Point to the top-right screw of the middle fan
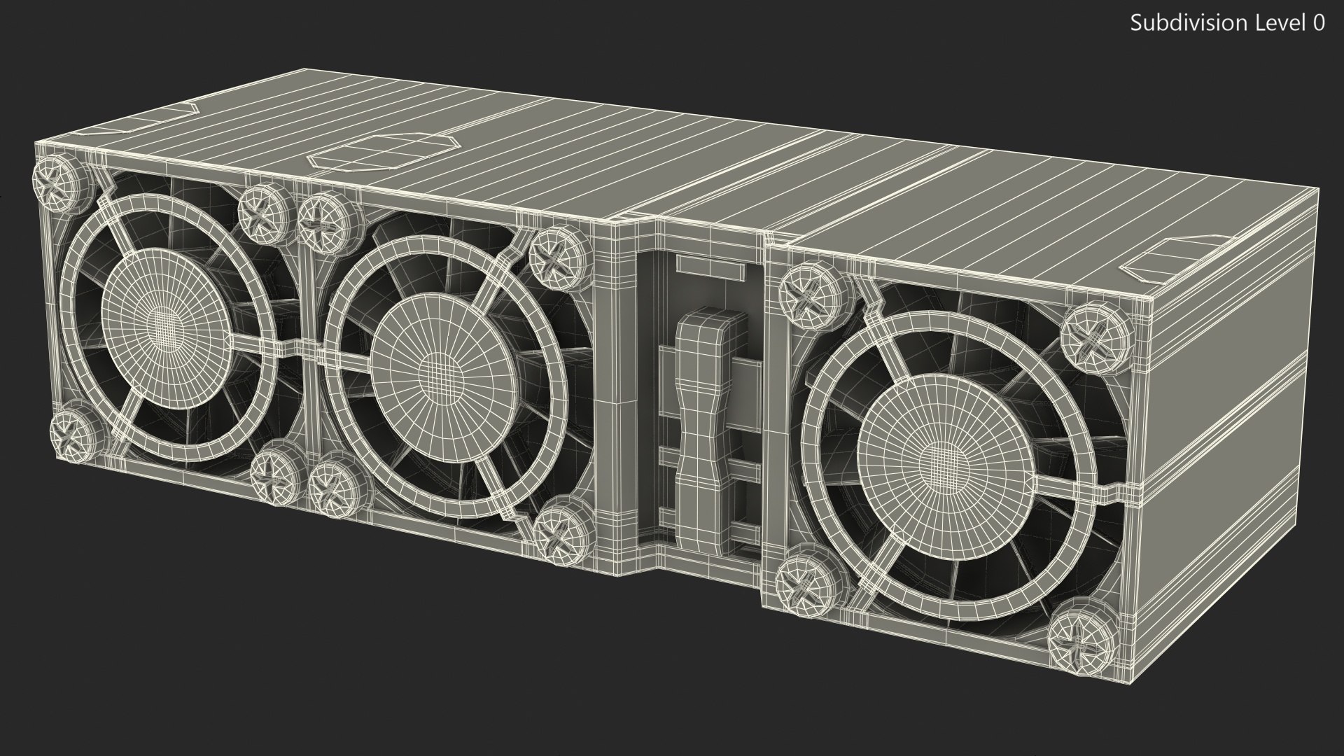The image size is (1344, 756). [x=558, y=254]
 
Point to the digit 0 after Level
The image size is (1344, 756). [x=1318, y=23]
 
